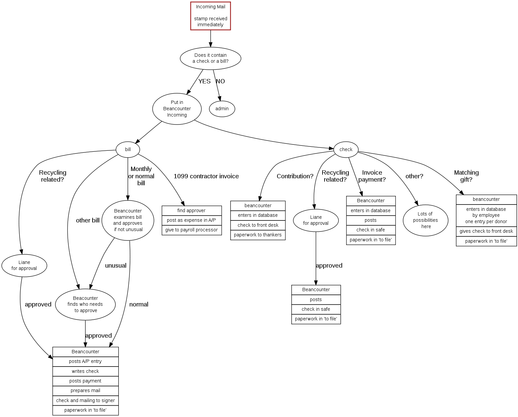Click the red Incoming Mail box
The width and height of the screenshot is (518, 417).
pos(210,16)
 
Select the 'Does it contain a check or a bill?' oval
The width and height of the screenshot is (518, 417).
pos(210,58)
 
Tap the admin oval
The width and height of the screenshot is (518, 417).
pos(222,109)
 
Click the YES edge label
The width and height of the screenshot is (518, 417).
pos(204,81)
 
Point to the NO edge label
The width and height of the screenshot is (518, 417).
pos(220,81)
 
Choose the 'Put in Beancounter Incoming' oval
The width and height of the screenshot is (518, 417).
pos(177,109)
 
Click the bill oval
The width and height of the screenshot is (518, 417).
pos(128,149)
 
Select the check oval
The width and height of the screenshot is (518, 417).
pos(346,149)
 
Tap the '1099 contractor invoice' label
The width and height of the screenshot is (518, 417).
pos(206,176)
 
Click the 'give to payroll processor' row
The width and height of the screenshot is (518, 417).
pos(191,230)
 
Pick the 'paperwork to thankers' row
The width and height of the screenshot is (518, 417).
pos(258,235)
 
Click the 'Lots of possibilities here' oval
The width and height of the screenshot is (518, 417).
pos(425,220)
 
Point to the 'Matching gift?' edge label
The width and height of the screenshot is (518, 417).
pos(466,176)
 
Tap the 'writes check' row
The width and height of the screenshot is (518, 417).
pos(85,371)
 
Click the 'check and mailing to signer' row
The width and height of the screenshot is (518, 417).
pos(85,400)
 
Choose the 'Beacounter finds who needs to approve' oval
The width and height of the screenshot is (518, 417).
pos(85,304)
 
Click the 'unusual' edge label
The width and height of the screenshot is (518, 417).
pos(116,266)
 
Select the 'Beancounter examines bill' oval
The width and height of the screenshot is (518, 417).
pos(128,220)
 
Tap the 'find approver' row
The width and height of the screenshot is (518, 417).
pos(191,210)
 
